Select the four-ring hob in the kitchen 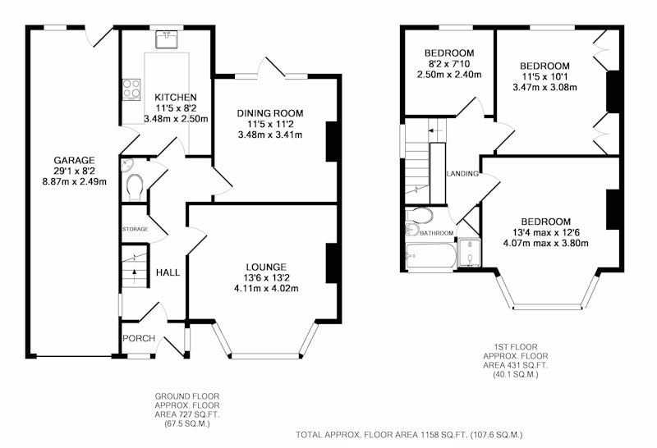click(x=131, y=89)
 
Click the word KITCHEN click(x=176, y=98)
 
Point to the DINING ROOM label click(x=270, y=113)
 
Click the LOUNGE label click(x=266, y=267)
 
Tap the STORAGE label click(x=135, y=229)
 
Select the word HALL click(x=168, y=272)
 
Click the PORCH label click(x=139, y=338)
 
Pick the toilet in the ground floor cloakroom click(x=135, y=186)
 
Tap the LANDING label click(x=462, y=173)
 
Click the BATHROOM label click(x=437, y=233)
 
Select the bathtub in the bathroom click(x=430, y=255)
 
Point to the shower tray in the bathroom click(x=469, y=253)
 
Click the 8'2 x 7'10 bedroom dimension click(x=449, y=64)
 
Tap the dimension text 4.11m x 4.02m click(x=266, y=289)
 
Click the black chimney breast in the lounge click(x=332, y=263)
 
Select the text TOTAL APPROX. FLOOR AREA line click(x=409, y=435)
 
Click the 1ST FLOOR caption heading click(x=516, y=347)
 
